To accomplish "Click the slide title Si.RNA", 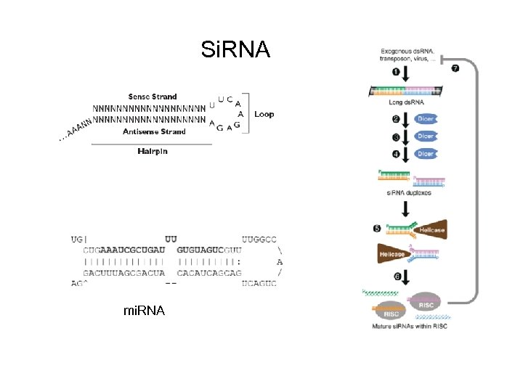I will [x=235, y=49].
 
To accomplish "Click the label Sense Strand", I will [x=153, y=97].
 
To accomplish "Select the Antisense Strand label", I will [x=154, y=132].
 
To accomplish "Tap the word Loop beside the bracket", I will [x=264, y=115].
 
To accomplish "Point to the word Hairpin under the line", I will [x=153, y=151].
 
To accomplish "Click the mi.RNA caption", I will [x=144, y=311].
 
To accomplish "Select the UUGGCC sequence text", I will [x=259, y=237].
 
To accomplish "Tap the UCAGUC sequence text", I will [x=259, y=283].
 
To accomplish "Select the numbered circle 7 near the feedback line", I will [x=455, y=68].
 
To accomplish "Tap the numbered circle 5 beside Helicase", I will [x=377, y=229].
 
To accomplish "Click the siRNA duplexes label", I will [x=406, y=192].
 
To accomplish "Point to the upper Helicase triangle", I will [x=429, y=229].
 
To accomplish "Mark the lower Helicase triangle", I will [x=394, y=255].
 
